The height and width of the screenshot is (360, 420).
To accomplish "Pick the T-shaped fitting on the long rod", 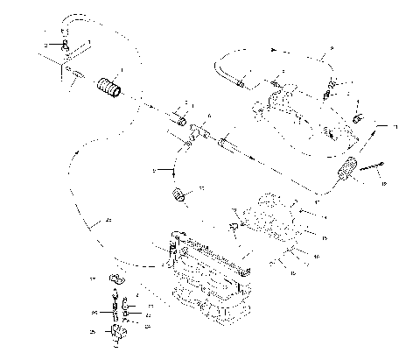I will [197, 131].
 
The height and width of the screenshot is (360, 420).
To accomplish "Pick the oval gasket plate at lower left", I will [114, 279].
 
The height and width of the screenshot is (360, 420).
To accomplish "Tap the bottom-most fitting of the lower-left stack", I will [117, 331].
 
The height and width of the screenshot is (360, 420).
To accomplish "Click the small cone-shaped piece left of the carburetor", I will [234, 229].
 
